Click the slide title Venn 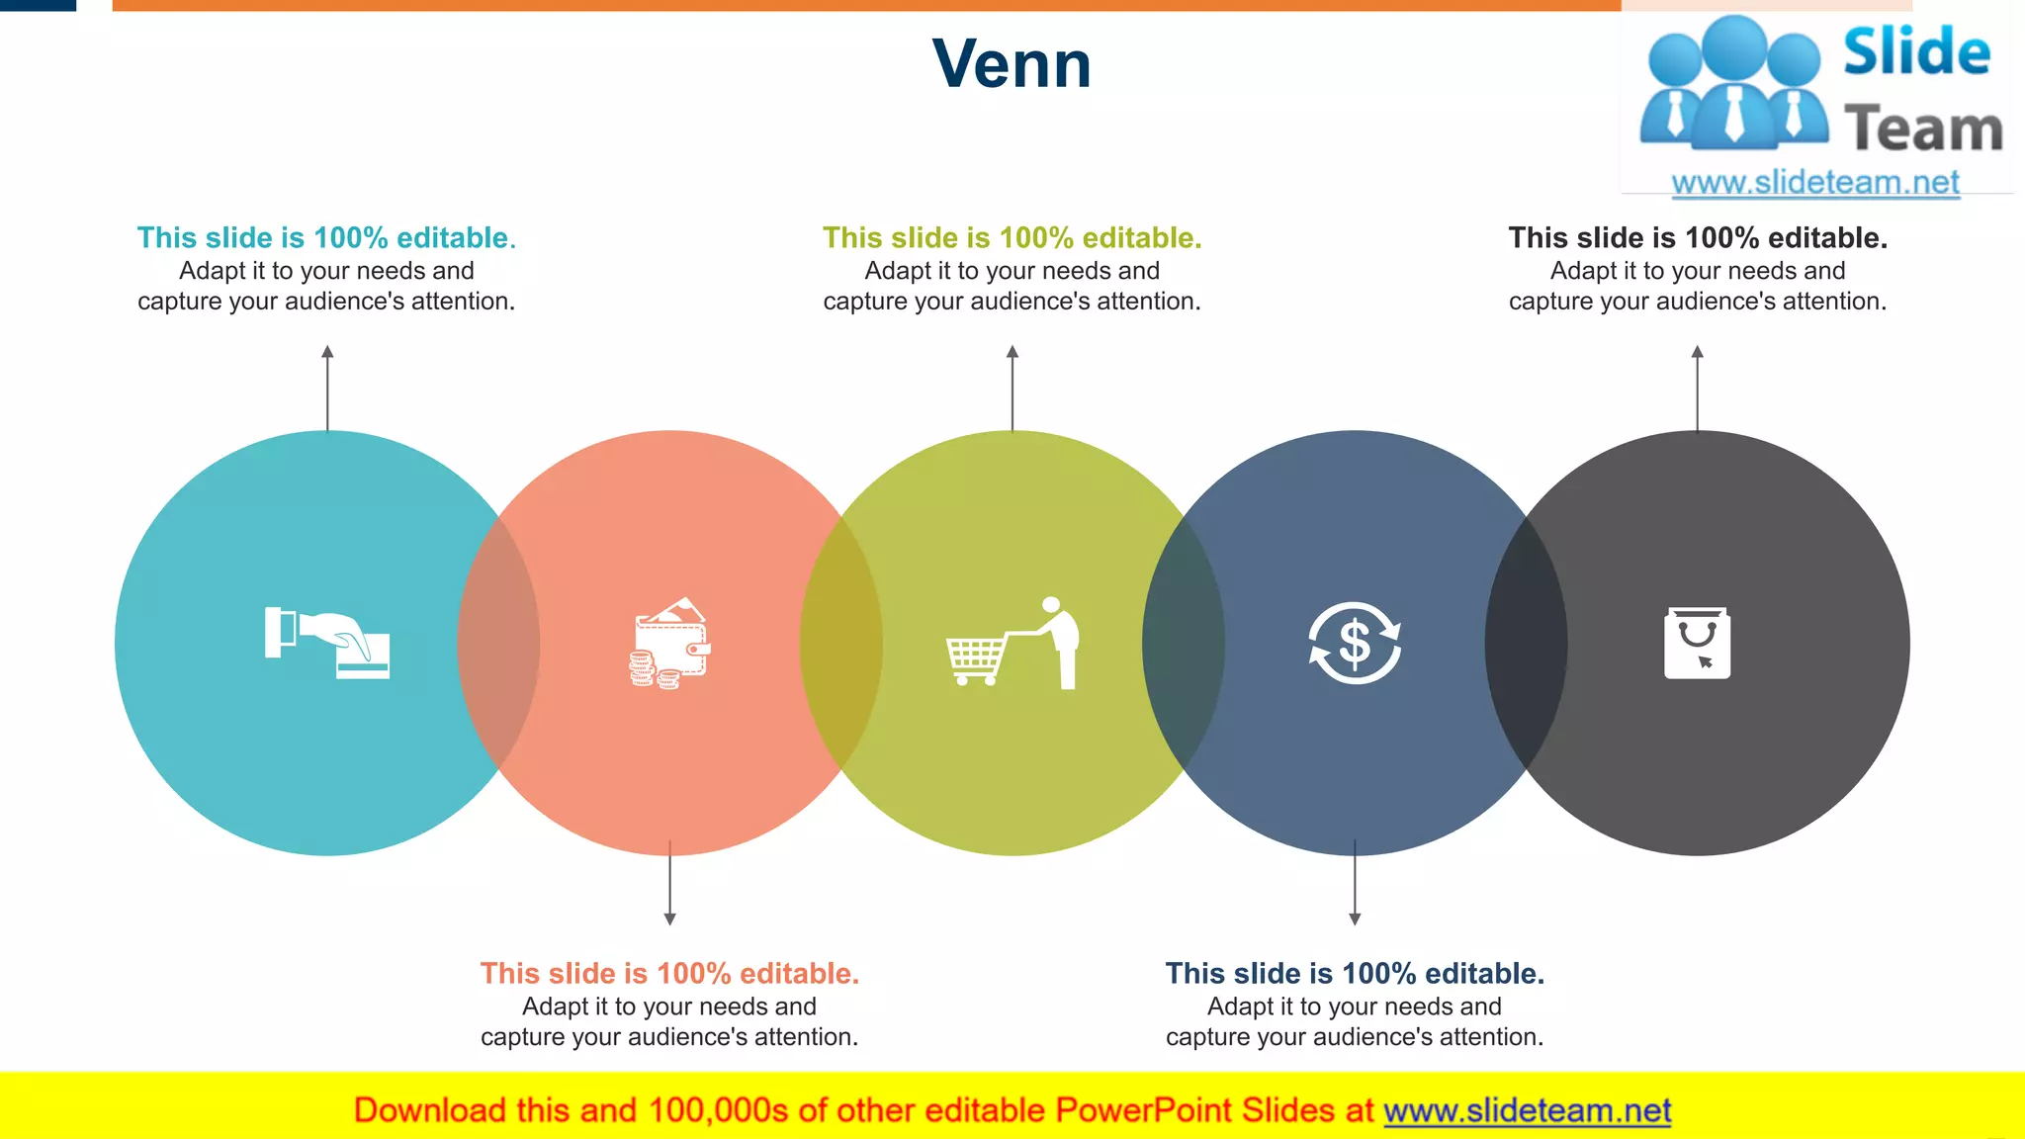coord(1012,64)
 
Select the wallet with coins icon coord(670,644)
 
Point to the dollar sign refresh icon coord(1355,643)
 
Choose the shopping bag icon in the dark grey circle coord(1697,643)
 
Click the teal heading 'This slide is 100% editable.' coord(326,238)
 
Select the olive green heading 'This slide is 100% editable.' coord(1012,238)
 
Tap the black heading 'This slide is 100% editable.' coord(1698,238)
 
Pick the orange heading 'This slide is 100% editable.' coord(669,974)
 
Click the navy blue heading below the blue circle coord(1355,974)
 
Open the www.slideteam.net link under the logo coord(1815,183)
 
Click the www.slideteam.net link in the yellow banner coord(1527,1110)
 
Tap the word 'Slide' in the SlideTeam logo coord(1916,52)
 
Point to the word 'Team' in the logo coord(1923,130)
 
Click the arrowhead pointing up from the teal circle coord(327,352)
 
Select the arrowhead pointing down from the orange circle coord(670,919)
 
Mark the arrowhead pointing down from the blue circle coord(1355,919)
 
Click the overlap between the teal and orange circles coord(498,643)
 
